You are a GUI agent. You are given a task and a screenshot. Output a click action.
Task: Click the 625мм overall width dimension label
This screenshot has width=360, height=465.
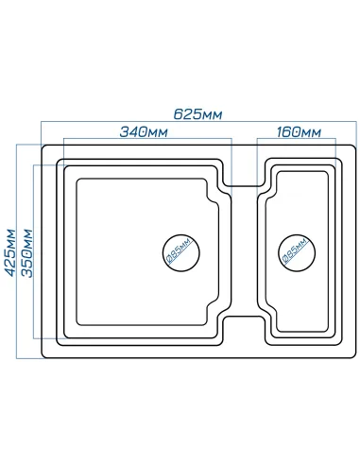tap(197, 114)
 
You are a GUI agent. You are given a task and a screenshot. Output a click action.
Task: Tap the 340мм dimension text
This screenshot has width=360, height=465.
tap(144, 131)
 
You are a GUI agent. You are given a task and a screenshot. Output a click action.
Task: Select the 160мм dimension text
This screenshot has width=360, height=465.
tap(299, 131)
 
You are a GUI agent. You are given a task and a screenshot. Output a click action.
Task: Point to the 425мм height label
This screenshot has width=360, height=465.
tap(10, 253)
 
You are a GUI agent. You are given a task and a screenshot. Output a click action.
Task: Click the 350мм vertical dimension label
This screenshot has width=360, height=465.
tap(26, 253)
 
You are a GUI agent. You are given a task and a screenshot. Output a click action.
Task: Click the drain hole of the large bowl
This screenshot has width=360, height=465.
tap(181, 252)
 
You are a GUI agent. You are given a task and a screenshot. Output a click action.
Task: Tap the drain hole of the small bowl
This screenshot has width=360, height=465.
tap(297, 252)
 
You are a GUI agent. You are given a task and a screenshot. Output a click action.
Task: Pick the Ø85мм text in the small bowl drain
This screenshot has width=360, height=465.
tap(295, 250)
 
